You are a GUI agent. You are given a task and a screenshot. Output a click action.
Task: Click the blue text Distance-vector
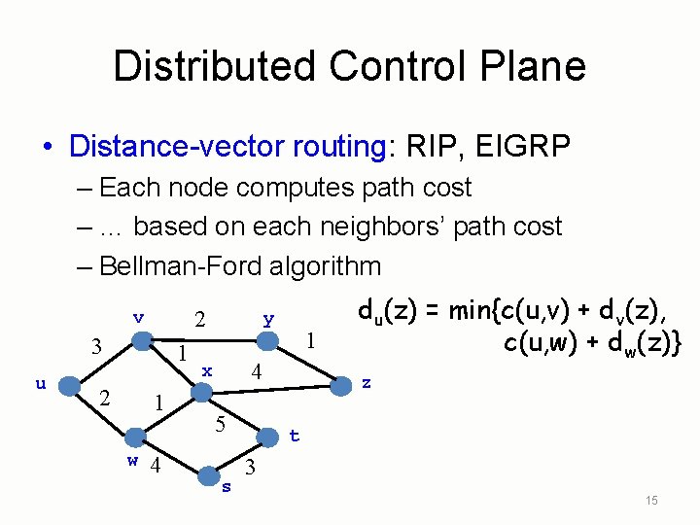[x=175, y=147]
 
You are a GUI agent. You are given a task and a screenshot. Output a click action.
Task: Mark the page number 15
[x=651, y=500]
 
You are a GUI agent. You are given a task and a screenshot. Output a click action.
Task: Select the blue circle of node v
[x=142, y=341]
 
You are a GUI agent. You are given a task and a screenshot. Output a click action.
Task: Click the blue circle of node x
[x=201, y=391]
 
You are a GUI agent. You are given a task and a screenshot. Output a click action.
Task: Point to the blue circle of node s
[x=209, y=474]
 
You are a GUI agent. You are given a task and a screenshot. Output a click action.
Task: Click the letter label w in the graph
[x=132, y=460]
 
